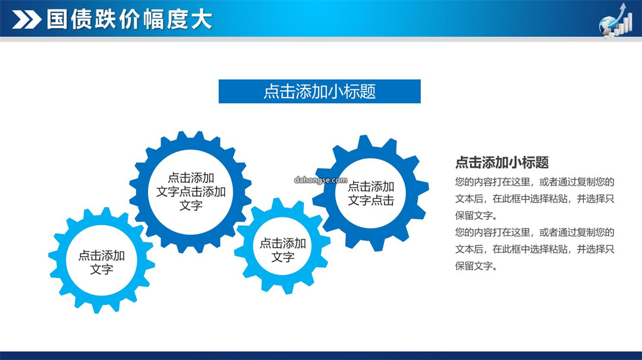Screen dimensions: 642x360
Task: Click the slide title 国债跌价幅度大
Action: [130, 19]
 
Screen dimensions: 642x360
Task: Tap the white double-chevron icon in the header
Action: [27, 19]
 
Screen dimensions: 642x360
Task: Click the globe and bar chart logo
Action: [615, 20]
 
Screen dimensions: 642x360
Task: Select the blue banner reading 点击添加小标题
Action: [319, 91]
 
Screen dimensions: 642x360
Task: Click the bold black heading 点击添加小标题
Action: [502, 162]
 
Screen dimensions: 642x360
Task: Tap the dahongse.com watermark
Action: [320, 180]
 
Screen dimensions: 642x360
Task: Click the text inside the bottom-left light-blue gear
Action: [102, 262]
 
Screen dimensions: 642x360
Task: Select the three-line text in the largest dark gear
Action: [191, 191]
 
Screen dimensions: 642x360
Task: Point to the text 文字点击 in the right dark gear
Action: [371, 200]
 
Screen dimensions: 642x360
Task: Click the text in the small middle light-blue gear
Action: [283, 250]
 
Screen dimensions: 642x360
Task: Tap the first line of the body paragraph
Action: [535, 182]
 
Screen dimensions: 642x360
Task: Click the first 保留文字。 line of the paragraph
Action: [476, 215]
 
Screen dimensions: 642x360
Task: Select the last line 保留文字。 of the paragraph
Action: [476, 266]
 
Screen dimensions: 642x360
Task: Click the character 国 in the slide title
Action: [57, 19]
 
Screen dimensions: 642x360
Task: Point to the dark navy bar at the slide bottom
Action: [321, 355]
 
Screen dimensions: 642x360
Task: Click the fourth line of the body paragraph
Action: [535, 232]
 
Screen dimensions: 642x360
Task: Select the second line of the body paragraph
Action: [535, 198]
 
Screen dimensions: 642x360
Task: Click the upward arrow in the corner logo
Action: [622, 13]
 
